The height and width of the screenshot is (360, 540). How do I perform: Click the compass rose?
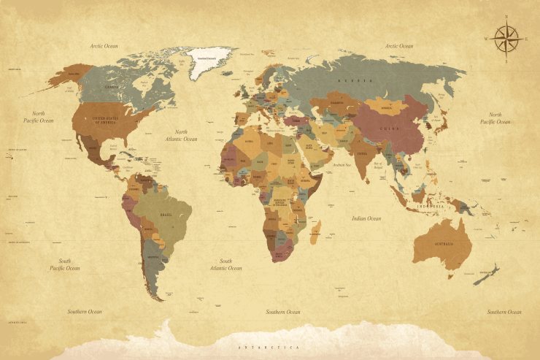tap(506, 39)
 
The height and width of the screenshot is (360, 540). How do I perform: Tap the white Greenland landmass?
tap(209, 62)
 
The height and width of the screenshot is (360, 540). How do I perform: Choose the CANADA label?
tap(112, 87)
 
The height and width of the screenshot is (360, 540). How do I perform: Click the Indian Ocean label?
tap(366, 218)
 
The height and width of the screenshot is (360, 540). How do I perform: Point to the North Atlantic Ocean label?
tap(181, 135)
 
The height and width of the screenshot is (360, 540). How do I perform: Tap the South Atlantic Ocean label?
tap(225, 264)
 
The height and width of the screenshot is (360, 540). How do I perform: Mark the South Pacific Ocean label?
tap(65, 264)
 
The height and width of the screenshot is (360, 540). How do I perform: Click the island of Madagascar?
tap(315, 233)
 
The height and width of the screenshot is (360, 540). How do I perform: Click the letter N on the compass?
tap(506, 17)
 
